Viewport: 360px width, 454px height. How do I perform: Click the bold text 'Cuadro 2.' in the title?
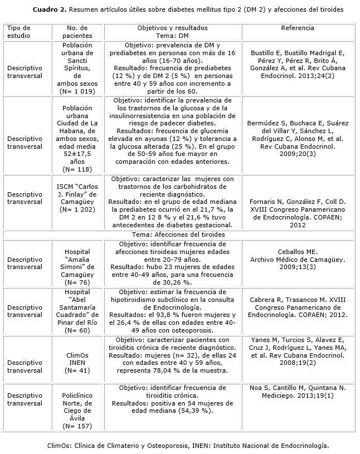51,10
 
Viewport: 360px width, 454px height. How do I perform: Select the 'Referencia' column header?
298,28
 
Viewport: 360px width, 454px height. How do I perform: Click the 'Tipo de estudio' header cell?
20,32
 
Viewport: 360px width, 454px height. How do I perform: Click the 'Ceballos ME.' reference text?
298,252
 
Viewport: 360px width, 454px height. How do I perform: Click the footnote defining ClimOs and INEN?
188,446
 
